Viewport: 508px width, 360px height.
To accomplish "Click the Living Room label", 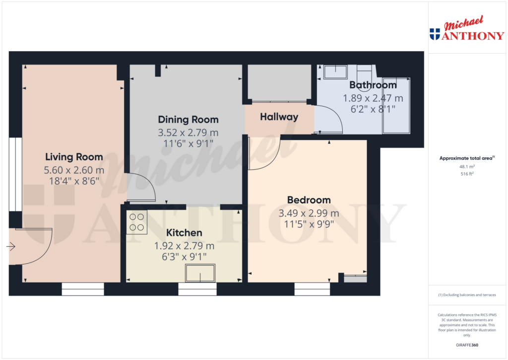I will point(74,157).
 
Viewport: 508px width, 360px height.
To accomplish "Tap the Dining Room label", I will point(188,120).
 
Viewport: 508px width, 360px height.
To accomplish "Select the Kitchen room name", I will point(184,233).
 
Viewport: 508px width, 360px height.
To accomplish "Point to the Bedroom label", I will point(309,200).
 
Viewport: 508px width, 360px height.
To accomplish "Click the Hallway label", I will point(279,117).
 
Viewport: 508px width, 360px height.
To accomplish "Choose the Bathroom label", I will point(373,85).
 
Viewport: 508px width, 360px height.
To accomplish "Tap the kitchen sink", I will point(200,273).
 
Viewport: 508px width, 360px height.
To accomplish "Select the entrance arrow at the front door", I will point(11,246).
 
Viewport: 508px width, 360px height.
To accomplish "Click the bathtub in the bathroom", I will point(396,105).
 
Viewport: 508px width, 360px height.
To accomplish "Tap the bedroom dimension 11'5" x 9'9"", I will point(308,223).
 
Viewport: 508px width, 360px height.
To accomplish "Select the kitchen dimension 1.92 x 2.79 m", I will point(184,246).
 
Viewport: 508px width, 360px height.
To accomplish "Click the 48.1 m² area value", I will point(467,167).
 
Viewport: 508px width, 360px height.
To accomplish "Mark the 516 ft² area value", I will point(467,174).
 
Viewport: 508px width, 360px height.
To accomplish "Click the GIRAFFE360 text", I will point(467,345).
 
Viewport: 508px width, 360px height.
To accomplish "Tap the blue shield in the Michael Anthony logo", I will point(435,34).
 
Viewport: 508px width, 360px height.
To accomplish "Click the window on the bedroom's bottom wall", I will point(312,289).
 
